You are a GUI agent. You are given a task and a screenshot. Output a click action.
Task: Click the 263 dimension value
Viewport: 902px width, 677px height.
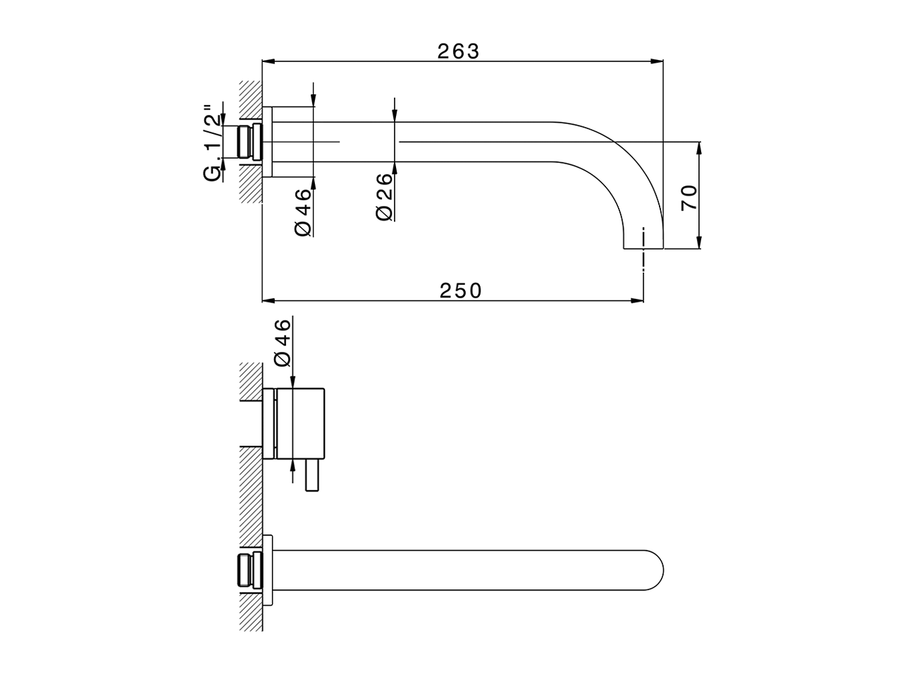tap(458, 51)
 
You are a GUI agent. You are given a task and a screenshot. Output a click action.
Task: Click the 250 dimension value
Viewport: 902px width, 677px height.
tap(461, 291)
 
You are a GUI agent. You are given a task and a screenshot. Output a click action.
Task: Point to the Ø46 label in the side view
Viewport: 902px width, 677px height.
tap(302, 212)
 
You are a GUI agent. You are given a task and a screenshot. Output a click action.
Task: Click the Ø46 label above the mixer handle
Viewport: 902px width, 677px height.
tap(281, 342)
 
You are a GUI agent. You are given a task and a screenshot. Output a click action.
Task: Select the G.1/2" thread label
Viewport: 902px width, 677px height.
tap(211, 143)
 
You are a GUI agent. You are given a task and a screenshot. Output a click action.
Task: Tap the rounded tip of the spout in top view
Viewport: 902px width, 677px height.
tap(655, 570)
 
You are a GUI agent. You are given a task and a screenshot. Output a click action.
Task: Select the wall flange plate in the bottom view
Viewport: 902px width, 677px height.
tap(268, 570)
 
